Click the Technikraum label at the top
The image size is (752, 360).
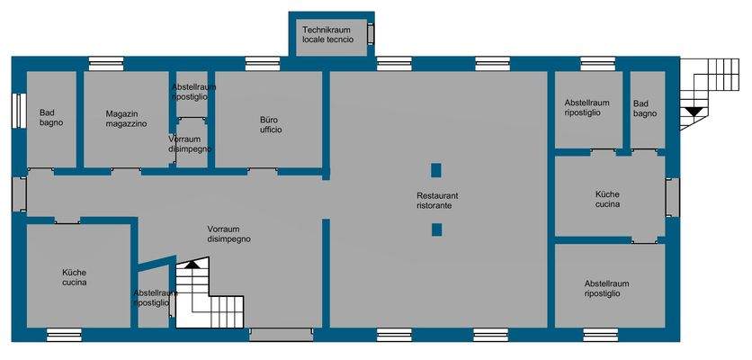pyautogui.click(x=327, y=35)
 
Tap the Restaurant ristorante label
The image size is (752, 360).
pyautogui.click(x=437, y=201)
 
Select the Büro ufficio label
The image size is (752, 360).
pyautogui.click(x=271, y=125)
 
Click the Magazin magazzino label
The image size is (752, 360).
pyautogui.click(x=126, y=119)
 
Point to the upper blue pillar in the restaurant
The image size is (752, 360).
pyautogui.click(x=436, y=169)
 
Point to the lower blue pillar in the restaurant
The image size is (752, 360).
pyautogui.click(x=436, y=229)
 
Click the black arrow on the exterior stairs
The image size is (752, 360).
pyautogui.click(x=693, y=111)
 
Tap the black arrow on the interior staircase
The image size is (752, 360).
pyautogui.click(x=190, y=265)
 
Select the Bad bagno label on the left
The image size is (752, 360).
pyautogui.click(x=50, y=118)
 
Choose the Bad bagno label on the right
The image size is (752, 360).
pyautogui.click(x=644, y=108)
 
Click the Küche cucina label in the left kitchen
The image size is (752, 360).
pyautogui.click(x=74, y=277)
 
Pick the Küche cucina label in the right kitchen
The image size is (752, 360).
pyautogui.click(x=607, y=199)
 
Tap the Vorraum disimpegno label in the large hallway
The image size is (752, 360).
pyautogui.click(x=228, y=234)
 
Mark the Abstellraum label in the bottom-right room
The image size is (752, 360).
pyautogui.click(x=606, y=288)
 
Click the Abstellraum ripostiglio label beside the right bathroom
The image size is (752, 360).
pyautogui.click(x=586, y=108)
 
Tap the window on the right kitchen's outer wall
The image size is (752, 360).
pyautogui.click(x=671, y=197)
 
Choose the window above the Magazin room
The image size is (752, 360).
pyautogui.click(x=101, y=64)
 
